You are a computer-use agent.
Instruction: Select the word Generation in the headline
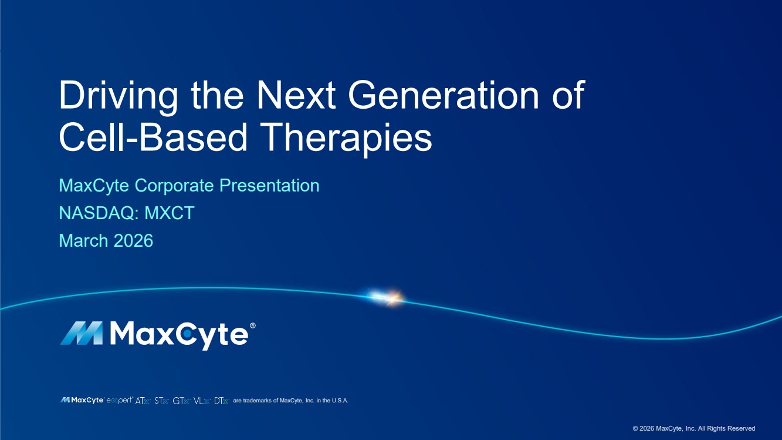point(444,95)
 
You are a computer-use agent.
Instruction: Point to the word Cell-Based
point(153,137)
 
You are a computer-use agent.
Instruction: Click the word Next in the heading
point(296,95)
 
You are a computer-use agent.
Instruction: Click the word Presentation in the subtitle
point(269,186)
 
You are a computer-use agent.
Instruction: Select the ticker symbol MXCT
point(170,213)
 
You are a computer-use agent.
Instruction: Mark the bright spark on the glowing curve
point(388,298)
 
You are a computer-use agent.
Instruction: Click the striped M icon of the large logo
point(82,333)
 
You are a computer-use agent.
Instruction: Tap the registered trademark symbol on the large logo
point(252,325)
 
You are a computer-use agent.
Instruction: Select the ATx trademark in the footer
point(143,401)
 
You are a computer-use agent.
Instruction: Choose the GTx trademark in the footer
point(181,401)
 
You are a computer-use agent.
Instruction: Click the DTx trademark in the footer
point(221,401)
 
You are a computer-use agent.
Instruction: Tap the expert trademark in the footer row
point(120,401)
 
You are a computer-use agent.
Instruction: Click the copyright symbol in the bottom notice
point(635,428)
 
